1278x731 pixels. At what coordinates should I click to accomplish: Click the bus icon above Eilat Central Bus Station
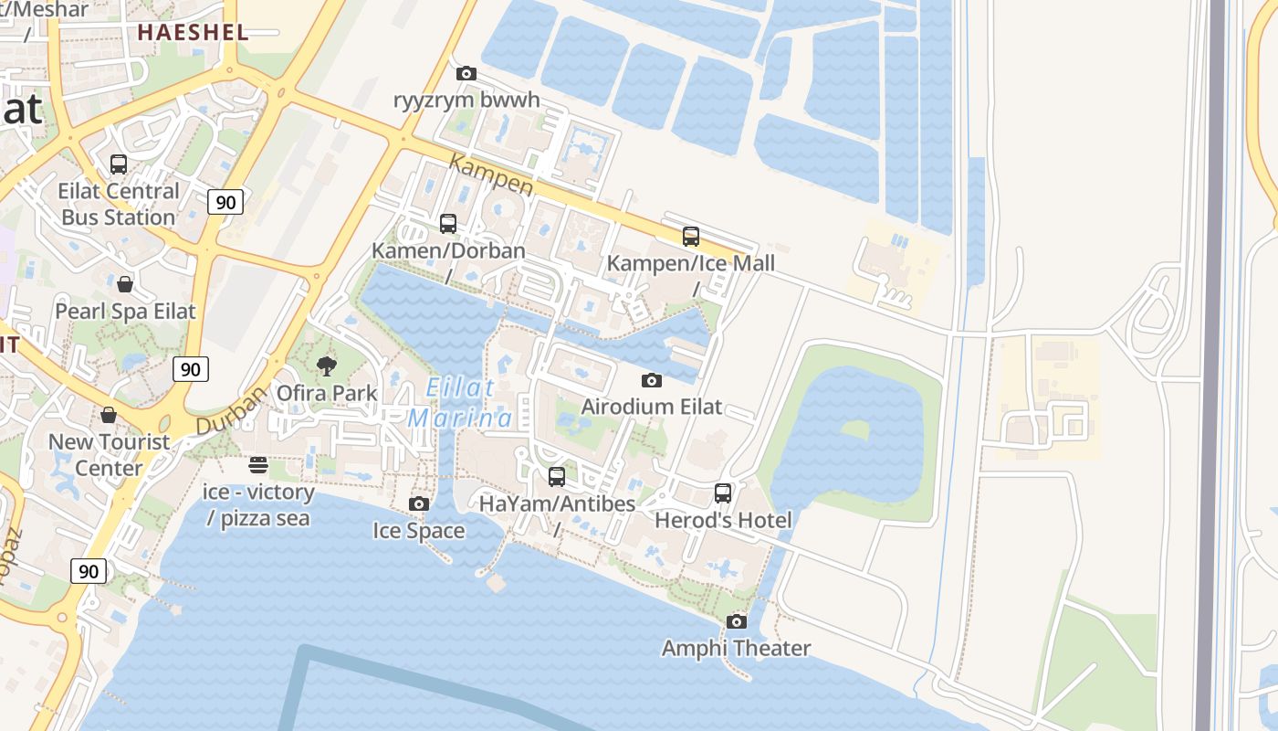[x=119, y=164]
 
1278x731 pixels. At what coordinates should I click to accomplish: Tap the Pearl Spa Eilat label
[x=125, y=311]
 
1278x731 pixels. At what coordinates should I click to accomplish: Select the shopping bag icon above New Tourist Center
[x=109, y=416]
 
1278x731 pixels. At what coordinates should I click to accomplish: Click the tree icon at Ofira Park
[x=326, y=367]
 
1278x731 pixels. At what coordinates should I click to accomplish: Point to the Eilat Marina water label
[x=461, y=403]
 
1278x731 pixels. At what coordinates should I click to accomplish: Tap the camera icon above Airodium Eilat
[x=651, y=380]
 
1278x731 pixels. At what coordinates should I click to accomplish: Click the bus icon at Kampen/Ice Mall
[x=691, y=237]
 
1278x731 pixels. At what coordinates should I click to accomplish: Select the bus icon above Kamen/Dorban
[x=448, y=224]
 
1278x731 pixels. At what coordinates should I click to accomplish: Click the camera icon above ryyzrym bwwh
[x=466, y=73]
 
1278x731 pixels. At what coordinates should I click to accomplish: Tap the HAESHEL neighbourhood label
[x=193, y=32]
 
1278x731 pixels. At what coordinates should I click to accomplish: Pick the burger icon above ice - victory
[x=258, y=465]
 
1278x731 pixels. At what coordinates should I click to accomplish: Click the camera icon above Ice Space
[x=419, y=504]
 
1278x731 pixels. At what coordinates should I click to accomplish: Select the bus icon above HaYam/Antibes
[x=557, y=477]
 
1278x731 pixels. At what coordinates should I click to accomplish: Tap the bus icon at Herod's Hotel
[x=723, y=493]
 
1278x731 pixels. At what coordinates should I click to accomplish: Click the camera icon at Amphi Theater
[x=736, y=622]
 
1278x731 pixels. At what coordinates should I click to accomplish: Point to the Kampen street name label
[x=491, y=175]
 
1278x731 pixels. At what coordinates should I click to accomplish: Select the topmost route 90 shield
[x=225, y=202]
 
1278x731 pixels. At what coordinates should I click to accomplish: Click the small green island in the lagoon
[x=854, y=429]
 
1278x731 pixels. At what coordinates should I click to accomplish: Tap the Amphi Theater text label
[x=736, y=649]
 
